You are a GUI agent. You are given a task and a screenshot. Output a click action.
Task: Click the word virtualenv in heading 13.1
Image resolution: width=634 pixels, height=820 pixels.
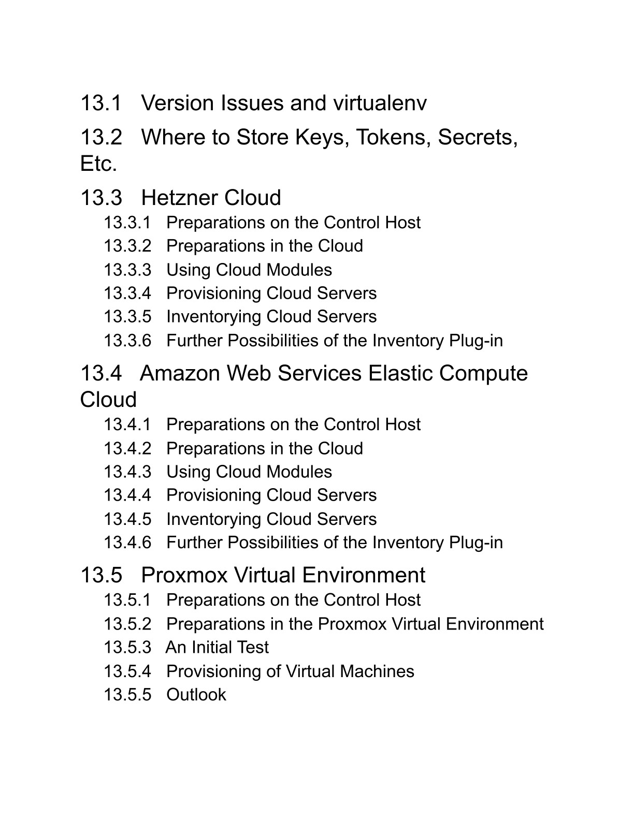tap(380, 102)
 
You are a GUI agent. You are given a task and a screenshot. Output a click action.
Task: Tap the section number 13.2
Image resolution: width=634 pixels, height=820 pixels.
tap(101, 137)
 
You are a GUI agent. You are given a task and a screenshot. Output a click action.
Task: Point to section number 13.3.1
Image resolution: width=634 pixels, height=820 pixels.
tap(127, 223)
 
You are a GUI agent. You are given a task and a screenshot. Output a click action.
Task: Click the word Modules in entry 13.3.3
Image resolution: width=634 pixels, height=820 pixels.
tap(299, 270)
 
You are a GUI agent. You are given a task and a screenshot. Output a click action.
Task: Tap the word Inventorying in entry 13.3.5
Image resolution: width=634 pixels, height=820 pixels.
tap(213, 317)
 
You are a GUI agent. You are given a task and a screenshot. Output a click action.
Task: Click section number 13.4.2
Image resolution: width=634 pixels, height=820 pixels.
tap(127, 449)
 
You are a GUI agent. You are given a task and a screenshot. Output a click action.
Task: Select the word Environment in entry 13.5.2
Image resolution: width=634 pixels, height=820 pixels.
tap(495, 624)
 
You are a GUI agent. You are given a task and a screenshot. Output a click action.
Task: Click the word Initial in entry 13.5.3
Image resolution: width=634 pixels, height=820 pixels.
tap(211, 647)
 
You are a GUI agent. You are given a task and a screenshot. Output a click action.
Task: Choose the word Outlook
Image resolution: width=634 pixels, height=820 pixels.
tap(196, 695)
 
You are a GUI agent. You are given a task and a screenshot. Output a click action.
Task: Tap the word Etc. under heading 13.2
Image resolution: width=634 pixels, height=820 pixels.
tap(98, 164)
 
